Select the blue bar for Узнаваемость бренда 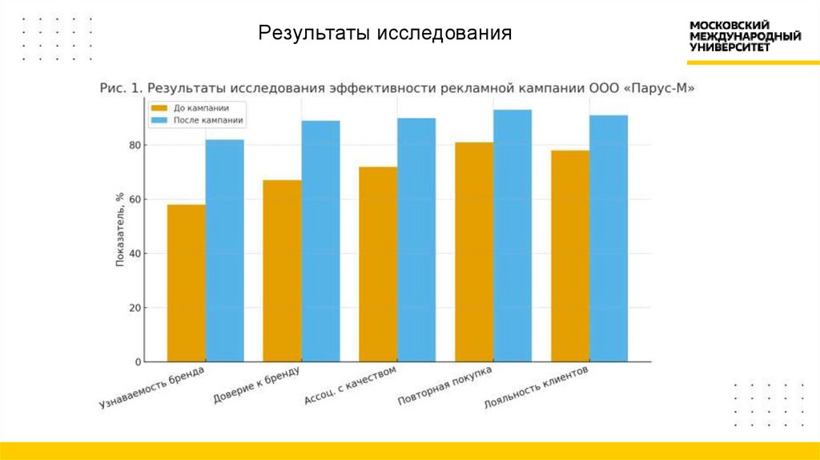pos(224,251)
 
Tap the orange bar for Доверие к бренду pos(282,271)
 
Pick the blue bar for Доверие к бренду pos(320,241)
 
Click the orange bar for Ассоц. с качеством pos(378,264)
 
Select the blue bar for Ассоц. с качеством pos(416,240)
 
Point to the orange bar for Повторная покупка pos(474,252)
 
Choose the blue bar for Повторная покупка pos(512,236)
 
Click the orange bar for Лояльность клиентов pos(570,256)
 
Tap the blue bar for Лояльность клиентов pos(609,238)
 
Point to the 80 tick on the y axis pos(135,145)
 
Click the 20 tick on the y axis pos(135,308)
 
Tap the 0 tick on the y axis pos(138,362)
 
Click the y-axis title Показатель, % pos(119,229)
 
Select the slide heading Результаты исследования pos(384,34)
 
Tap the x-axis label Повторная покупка pos(445,387)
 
